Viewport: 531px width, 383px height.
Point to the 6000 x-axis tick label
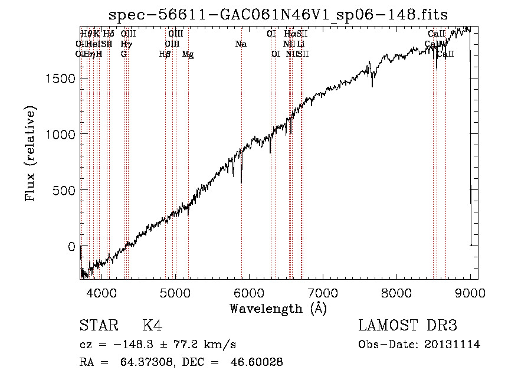point(249,292)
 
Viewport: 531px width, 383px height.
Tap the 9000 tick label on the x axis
point(470,292)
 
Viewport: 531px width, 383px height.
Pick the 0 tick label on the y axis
point(71,247)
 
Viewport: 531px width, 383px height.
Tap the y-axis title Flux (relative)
point(31,153)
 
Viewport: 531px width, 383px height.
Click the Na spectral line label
point(241,44)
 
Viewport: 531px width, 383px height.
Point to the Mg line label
point(188,54)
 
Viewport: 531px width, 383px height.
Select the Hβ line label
point(165,54)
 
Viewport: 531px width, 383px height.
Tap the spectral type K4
point(152,326)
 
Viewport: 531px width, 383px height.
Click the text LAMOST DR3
point(408,326)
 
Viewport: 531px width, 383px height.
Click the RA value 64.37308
point(137,362)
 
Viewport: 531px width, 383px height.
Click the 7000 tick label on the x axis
point(323,292)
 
